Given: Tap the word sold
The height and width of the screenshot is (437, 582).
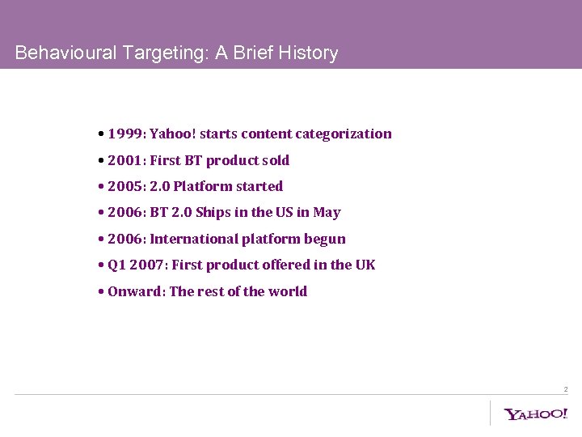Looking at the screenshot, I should (x=275, y=160).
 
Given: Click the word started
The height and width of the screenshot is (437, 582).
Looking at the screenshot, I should (x=259, y=186).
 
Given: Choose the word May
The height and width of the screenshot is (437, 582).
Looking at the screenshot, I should (x=327, y=213).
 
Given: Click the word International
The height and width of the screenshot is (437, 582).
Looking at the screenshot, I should (x=194, y=239).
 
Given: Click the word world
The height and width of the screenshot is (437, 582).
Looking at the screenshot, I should (x=288, y=291).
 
